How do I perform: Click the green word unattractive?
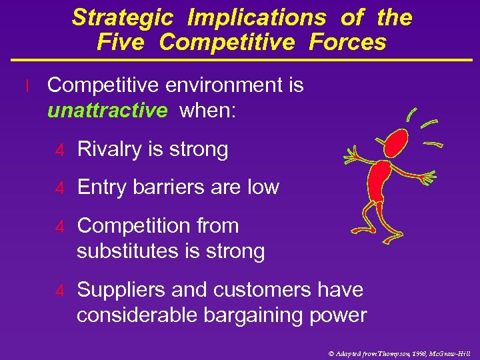point(107,111)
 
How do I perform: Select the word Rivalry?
point(114,150)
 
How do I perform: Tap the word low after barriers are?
point(262,187)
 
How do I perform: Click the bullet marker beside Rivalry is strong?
point(59,151)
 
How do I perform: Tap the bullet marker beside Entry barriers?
point(59,188)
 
